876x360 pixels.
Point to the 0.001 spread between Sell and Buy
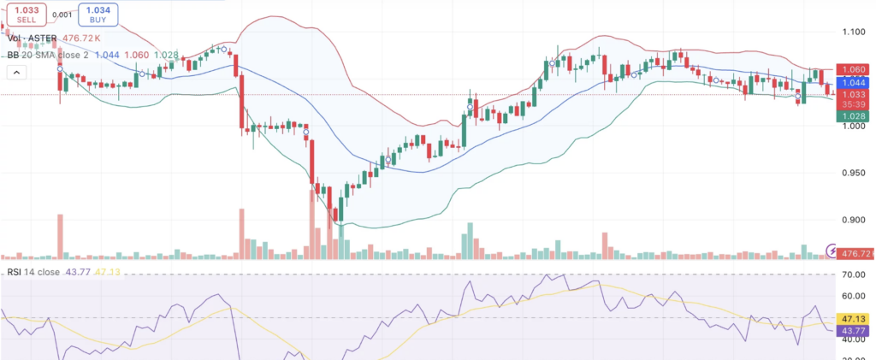point(62,15)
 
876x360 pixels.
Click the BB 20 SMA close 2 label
point(50,54)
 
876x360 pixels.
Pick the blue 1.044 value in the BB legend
point(109,54)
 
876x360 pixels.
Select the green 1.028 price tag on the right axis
point(854,115)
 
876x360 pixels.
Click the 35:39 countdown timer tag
point(854,103)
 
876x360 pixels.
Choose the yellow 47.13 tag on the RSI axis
point(854,317)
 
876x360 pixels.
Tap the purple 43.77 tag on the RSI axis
point(854,329)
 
